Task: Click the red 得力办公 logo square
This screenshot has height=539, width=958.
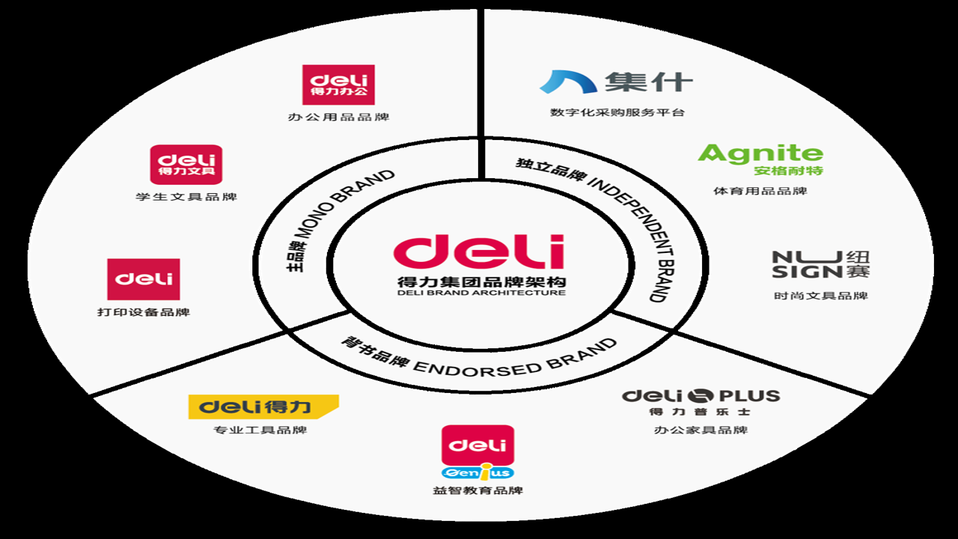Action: coord(338,85)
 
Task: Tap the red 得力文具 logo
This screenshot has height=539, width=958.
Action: coord(186,165)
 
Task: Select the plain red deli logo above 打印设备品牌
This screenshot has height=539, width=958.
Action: coord(143,279)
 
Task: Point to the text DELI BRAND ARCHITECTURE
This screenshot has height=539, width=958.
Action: coord(481,293)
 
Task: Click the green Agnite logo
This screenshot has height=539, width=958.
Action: coord(760,159)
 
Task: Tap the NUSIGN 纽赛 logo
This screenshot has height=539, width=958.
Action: coord(821,264)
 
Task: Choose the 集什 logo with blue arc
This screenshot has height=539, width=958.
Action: coord(616,82)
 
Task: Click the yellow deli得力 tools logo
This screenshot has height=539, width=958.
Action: coord(263,406)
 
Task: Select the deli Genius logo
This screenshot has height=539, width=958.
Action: coord(478,453)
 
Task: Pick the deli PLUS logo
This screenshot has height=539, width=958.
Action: coord(701,402)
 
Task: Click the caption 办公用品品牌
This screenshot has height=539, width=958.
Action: coord(338,117)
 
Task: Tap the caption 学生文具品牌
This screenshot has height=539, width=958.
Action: coord(186,197)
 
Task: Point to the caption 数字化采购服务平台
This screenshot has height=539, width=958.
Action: coord(617,112)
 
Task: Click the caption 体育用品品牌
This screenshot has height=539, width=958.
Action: coord(760,191)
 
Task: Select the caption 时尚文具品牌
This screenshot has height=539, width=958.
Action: coord(821,296)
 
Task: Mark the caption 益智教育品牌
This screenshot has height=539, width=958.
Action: coord(478,490)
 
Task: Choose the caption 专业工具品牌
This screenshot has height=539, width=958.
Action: coord(260,430)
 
